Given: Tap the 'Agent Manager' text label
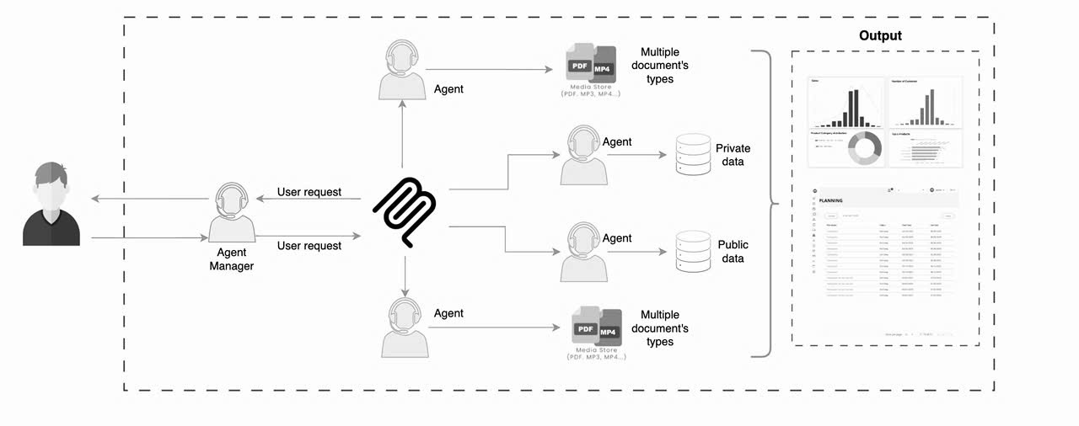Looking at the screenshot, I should point(231,258).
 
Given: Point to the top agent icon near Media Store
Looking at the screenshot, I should point(402,72).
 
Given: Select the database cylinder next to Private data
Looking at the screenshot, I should point(693,155).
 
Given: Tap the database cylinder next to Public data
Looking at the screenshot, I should point(693,251).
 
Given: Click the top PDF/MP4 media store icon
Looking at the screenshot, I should point(590,65).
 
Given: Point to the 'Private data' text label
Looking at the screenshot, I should point(732,155).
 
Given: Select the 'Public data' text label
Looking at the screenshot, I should point(732,251).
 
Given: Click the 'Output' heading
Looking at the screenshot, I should point(880,35).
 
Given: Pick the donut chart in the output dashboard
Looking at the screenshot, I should point(864,148).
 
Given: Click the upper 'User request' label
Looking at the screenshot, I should point(309,192).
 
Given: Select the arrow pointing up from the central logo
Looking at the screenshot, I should point(402,135).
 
